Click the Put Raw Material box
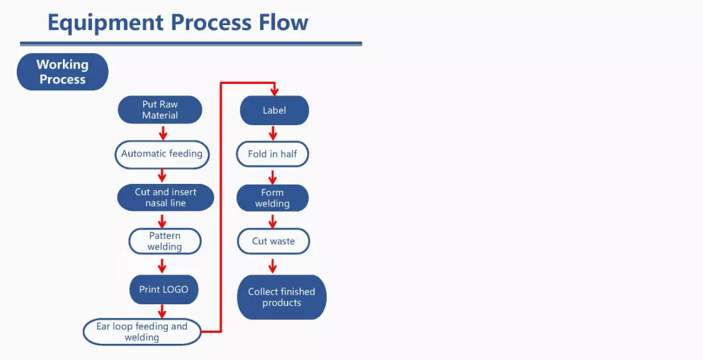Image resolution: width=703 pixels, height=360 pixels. pos(160,110)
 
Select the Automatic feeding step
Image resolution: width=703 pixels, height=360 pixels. pos(162,154)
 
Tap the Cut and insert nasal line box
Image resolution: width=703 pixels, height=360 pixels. pos(165,197)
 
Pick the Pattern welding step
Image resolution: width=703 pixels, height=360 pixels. pos(165,241)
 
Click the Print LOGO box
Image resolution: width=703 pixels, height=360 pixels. pos(164,289)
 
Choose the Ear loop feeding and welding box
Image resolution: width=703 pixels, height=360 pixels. pos(141,332)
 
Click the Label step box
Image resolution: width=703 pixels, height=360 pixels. pos(274,110)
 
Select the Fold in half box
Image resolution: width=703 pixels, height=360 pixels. pos(273,154)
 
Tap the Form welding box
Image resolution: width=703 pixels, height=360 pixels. pos(273,198)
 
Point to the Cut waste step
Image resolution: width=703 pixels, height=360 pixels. pos(273,241)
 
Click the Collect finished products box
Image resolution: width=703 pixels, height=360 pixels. pos(282,297)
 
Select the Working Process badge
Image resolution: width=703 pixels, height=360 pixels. pos(62,72)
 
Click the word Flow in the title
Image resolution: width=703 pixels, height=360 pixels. pos(283,22)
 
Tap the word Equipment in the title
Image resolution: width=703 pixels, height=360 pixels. pos(104,23)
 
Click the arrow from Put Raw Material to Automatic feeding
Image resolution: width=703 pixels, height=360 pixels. pos(163,133)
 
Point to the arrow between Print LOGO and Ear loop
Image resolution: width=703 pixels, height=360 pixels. pos(162,311)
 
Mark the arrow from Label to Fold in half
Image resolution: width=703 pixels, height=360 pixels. pos(273,133)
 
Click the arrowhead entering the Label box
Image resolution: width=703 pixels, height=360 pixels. pos(274,92)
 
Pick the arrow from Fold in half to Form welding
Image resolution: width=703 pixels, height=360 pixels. pos(273,177)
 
